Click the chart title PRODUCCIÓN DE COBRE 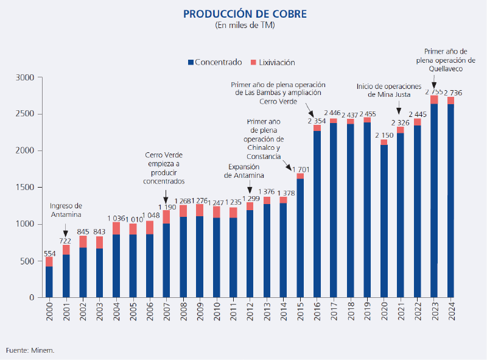click(x=245, y=13)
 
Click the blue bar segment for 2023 click(x=434, y=201)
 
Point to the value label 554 click(x=49, y=252)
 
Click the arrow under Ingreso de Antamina click(x=66, y=232)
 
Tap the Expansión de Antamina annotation click(x=243, y=171)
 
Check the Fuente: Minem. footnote click(x=30, y=350)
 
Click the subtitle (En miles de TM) click(x=245, y=26)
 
